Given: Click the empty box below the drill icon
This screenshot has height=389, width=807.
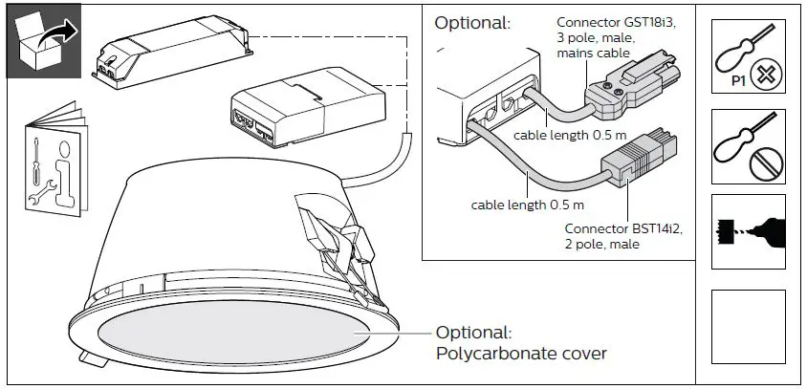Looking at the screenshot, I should click(750, 326).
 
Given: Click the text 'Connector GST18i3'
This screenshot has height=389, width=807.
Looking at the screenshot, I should click(605, 23).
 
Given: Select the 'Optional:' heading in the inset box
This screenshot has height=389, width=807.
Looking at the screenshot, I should click(472, 22).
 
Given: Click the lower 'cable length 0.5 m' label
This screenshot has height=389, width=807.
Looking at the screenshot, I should click(527, 205).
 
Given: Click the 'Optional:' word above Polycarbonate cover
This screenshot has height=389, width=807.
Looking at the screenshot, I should click(473, 333).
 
